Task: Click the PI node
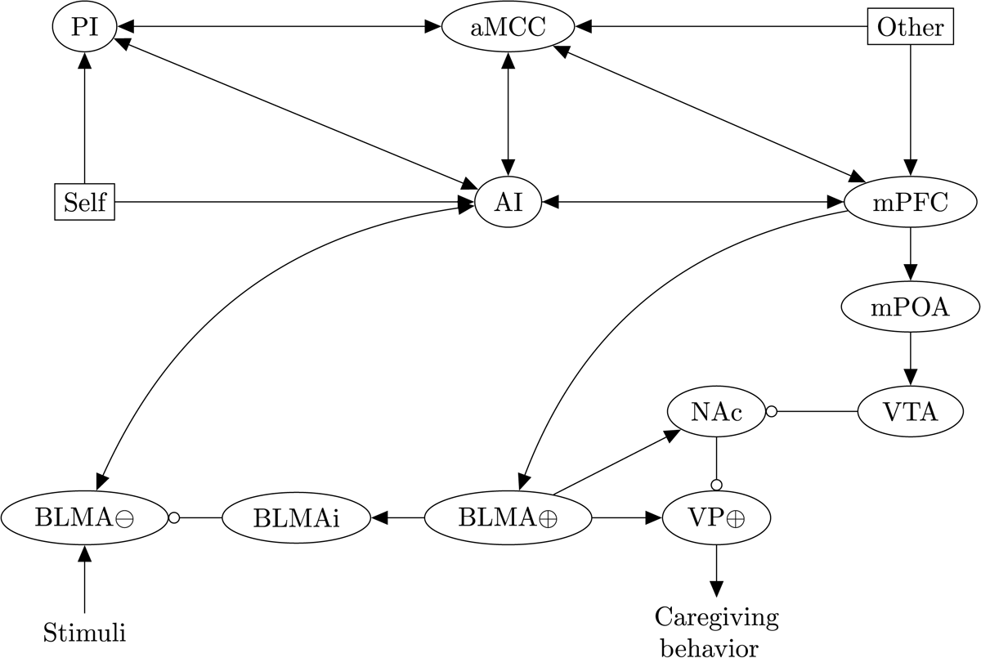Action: point(85,27)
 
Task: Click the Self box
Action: point(84,201)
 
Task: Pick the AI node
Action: point(508,201)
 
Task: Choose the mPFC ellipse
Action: point(910,201)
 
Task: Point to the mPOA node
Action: point(910,307)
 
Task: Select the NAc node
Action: point(716,413)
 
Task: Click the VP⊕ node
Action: point(716,517)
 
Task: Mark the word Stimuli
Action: point(84,631)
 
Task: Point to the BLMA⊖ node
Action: point(84,517)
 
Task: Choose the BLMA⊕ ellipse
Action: point(508,517)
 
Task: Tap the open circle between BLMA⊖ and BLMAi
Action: point(173,517)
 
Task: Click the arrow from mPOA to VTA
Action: point(910,360)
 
